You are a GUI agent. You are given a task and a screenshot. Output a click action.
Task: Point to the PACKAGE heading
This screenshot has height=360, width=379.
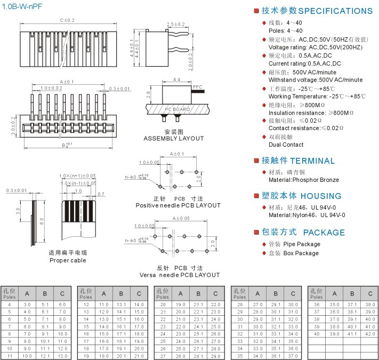tap(324, 233)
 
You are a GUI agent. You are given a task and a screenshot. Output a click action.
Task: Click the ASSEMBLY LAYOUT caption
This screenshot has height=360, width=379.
tap(174, 139)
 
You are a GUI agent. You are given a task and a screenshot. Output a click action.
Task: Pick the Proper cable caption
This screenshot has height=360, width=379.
tap(68, 260)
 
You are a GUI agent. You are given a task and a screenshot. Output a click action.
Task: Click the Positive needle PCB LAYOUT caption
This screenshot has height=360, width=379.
tap(178, 205)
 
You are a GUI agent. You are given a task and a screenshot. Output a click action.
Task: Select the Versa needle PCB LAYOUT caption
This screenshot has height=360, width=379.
tap(172, 275)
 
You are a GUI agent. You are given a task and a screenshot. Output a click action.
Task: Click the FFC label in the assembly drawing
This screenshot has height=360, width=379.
tap(198, 86)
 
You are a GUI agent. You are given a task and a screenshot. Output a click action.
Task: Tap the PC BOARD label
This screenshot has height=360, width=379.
tap(177, 109)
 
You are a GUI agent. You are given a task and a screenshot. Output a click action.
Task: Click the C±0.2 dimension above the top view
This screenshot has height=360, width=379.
tap(68, 20)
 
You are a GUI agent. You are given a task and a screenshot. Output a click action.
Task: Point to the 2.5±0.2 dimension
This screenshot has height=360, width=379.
tap(176, 25)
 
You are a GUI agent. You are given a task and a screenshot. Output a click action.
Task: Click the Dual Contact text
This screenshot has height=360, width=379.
tap(286, 145)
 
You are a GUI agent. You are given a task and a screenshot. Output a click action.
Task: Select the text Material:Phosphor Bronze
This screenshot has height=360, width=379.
tap(303, 180)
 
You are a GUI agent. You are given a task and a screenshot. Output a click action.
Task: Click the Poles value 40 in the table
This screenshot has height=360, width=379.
tap(316, 333)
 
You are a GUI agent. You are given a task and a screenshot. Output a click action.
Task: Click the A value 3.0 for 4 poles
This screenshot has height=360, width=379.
tap(27, 304)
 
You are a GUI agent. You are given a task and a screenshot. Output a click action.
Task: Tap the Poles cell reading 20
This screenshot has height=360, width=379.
tap(163, 304)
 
